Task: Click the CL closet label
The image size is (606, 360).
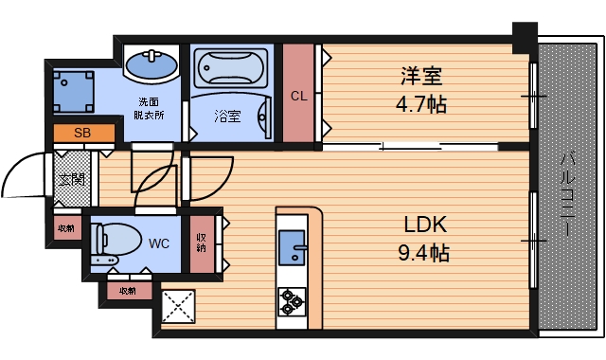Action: (x=298, y=96)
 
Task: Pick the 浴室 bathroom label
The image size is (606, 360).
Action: (x=226, y=117)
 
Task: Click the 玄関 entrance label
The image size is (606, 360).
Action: (x=70, y=178)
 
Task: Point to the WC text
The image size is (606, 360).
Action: (x=159, y=243)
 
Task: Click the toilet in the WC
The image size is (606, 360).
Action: (x=111, y=242)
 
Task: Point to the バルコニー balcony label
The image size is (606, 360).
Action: (x=568, y=194)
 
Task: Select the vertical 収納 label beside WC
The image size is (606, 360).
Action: (x=202, y=242)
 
